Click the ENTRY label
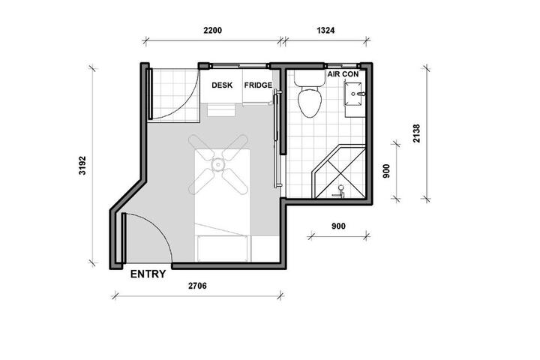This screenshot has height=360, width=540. click(x=148, y=274)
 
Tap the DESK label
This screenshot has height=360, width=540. click(x=222, y=85)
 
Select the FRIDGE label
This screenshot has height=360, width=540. click(x=258, y=85)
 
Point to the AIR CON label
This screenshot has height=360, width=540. click(x=343, y=74)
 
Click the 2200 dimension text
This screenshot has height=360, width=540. click(x=212, y=30)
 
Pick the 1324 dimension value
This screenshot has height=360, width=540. click(x=325, y=30)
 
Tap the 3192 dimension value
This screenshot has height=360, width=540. click(x=82, y=166)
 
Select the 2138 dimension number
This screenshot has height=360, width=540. click(x=417, y=133)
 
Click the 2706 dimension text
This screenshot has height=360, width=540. click(x=197, y=286)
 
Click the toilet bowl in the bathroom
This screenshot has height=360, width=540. click(x=310, y=102)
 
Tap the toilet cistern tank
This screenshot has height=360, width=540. click(x=309, y=78)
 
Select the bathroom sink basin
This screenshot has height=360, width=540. click(x=354, y=93)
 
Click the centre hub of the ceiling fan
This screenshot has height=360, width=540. click(x=217, y=165)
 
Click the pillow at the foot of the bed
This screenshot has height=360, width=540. click(x=222, y=248)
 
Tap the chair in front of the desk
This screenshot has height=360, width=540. click(x=220, y=109)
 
